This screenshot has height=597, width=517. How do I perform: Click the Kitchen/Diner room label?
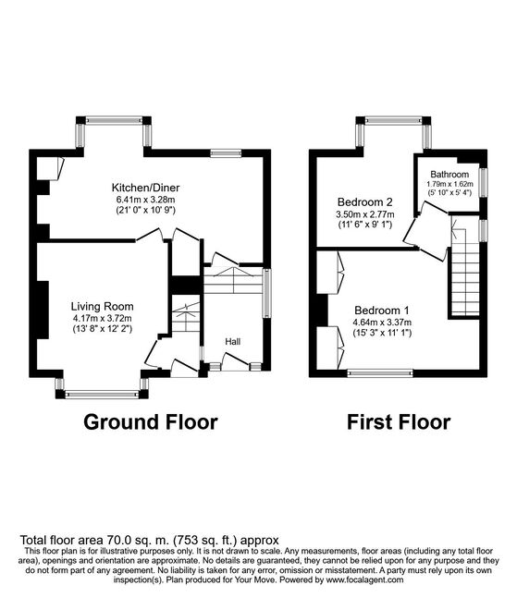click(x=145, y=188)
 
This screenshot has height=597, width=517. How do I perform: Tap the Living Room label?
click(x=102, y=307)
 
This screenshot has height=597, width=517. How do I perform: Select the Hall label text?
click(x=232, y=342)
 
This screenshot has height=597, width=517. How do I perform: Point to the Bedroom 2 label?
click(x=365, y=201)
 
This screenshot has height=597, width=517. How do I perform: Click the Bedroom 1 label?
click(x=382, y=310)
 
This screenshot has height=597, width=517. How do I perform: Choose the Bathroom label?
click(x=449, y=175)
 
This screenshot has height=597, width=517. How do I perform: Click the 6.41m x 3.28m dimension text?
click(x=145, y=199)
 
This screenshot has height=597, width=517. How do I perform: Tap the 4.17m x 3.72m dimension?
click(x=102, y=318)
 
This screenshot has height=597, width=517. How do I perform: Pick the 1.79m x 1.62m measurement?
click(x=449, y=184)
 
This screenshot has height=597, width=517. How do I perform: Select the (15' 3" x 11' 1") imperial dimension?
click(x=382, y=333)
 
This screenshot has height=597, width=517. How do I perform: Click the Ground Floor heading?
click(x=151, y=422)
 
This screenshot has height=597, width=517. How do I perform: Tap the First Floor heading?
click(x=399, y=422)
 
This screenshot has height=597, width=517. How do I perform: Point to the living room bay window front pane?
click(x=102, y=395)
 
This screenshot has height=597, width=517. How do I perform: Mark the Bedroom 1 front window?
click(x=380, y=372)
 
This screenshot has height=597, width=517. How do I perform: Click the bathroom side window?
click(x=484, y=183)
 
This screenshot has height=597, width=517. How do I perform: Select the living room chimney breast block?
click(x=43, y=310)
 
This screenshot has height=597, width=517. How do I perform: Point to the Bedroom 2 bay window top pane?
click(x=394, y=120)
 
